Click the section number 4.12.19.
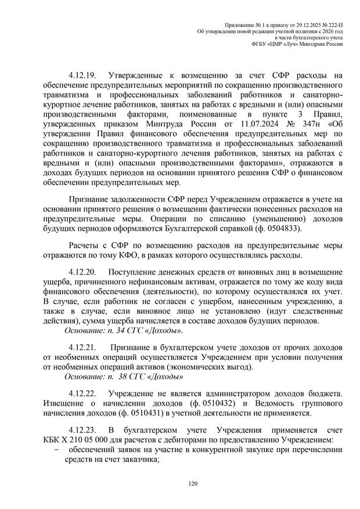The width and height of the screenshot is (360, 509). pyautogui.click(x=81, y=75)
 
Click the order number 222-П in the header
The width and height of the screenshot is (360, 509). pyautogui.click(x=330, y=21)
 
